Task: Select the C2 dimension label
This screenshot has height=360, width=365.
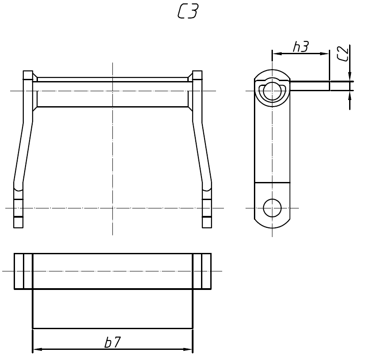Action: pos(343,53)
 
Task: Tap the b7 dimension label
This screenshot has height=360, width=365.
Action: pos(112,343)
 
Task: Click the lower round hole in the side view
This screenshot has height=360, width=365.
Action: pos(272,207)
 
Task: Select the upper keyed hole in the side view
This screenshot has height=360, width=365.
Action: pos(272,91)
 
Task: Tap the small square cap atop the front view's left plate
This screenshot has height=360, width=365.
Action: pos(28,75)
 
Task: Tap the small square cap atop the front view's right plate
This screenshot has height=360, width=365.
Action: pos(197,75)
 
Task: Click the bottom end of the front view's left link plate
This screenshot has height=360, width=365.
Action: pos(18,223)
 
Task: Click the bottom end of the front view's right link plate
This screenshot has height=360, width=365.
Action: pos(207,223)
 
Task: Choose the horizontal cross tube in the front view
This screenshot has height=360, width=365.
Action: pos(112,94)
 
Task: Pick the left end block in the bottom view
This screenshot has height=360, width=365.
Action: pos(23,271)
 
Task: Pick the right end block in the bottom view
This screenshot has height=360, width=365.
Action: pos(202,271)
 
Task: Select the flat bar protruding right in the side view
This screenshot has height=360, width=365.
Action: pos(310,86)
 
